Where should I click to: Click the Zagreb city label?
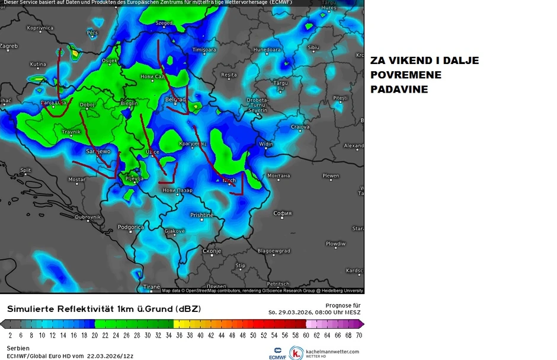pyautogui.click(x=9, y=46)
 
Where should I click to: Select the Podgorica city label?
pyautogui.click(x=131, y=227)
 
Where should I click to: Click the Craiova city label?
pyautogui.click(x=300, y=127)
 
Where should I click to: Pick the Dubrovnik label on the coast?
pyautogui.click(x=88, y=217)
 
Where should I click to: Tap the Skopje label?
pyautogui.click(x=212, y=251)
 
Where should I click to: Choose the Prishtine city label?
pyautogui.click(x=202, y=215)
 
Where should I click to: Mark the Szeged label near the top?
pyautogui.click(x=164, y=23)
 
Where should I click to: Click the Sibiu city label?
pyautogui.click(x=313, y=47)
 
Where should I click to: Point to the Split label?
pyautogui.click(x=25, y=170)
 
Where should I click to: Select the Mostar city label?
pyautogui.click(x=77, y=179)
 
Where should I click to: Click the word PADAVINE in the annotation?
pyautogui.click(x=399, y=90)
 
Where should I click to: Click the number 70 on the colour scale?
pyautogui.click(x=359, y=336)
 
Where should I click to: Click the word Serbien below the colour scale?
pyautogui.click(x=18, y=348)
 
